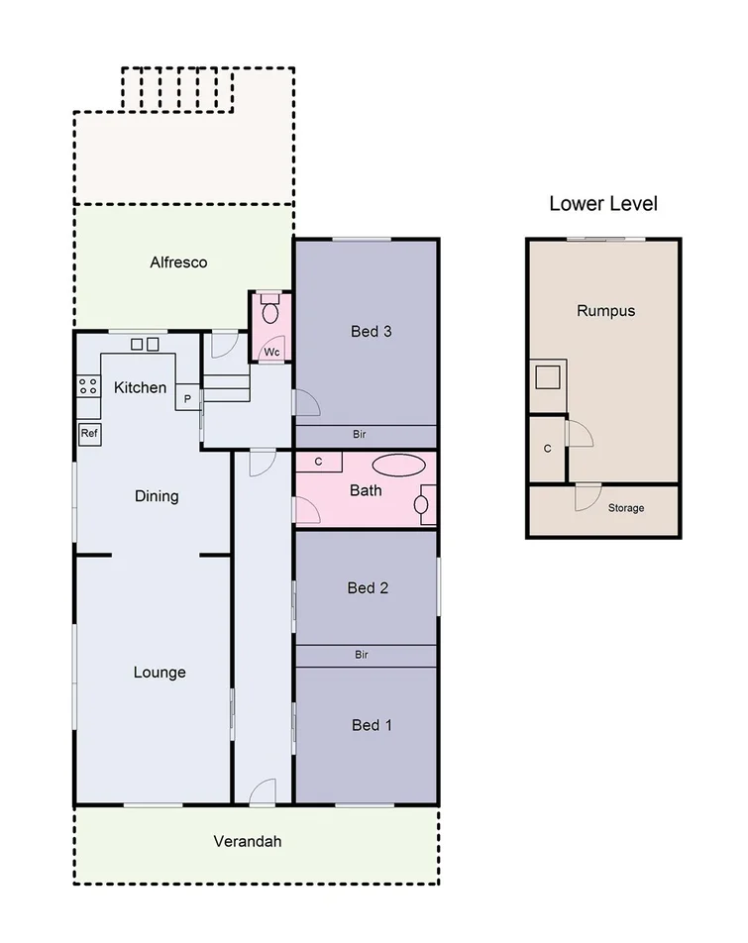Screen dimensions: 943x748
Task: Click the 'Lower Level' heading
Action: pyautogui.click(x=603, y=204)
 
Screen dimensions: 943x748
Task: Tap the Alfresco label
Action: pyautogui.click(x=178, y=262)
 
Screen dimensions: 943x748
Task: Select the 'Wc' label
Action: pyautogui.click(x=270, y=352)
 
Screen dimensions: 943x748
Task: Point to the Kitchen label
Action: pyautogui.click(x=141, y=387)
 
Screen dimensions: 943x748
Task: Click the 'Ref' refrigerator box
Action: pyautogui.click(x=89, y=433)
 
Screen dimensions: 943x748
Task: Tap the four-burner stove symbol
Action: pyautogui.click(x=88, y=385)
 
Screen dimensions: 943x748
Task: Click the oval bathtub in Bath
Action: pyautogui.click(x=397, y=465)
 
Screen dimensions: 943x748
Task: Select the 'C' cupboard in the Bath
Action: pyautogui.click(x=319, y=462)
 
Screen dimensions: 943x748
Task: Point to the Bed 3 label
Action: pyautogui.click(x=372, y=331)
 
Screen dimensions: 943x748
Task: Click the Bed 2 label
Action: pyautogui.click(x=368, y=588)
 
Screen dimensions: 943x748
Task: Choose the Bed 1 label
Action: pyautogui.click(x=372, y=725)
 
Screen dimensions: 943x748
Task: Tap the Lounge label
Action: pyautogui.click(x=160, y=673)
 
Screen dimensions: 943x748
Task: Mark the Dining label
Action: pyautogui.click(x=157, y=496)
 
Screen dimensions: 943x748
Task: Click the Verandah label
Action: pyautogui.click(x=248, y=842)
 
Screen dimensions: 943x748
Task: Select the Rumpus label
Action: pyautogui.click(x=605, y=311)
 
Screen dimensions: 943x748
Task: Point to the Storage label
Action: pyautogui.click(x=625, y=508)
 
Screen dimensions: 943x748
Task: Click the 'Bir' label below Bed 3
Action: pyautogui.click(x=362, y=435)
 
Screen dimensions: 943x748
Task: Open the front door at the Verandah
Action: pyautogui.click(x=263, y=792)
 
